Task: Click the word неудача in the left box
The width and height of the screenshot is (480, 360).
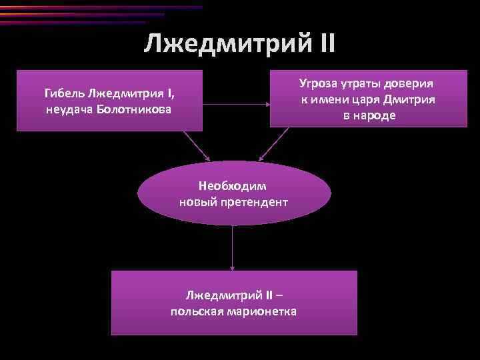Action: click(x=70, y=109)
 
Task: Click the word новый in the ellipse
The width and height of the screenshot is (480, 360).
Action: click(x=197, y=201)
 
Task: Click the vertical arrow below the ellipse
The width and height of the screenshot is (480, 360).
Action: click(x=233, y=247)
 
